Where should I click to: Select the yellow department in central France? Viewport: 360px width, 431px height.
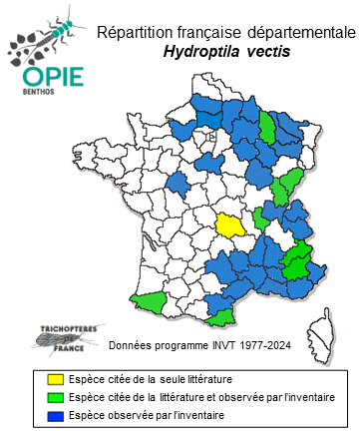232,224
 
